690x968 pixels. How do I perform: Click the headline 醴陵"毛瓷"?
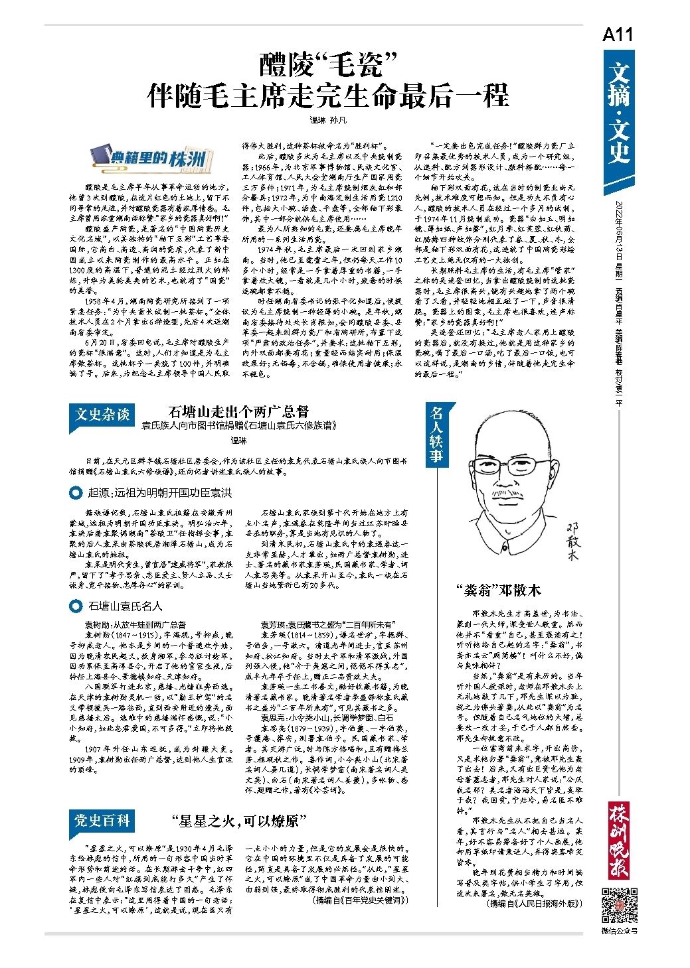click(328, 65)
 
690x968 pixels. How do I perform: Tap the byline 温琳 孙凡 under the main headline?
click(328, 120)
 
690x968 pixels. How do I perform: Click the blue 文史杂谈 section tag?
click(102, 414)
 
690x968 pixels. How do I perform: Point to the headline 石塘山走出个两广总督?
click(238, 411)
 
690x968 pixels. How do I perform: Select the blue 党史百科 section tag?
click(102, 821)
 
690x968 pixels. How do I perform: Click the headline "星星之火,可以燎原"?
click(238, 821)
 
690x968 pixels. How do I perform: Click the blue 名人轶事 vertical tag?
click(436, 434)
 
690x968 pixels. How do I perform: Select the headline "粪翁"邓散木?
click(498, 589)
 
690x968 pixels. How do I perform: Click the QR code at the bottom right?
click(619, 905)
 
